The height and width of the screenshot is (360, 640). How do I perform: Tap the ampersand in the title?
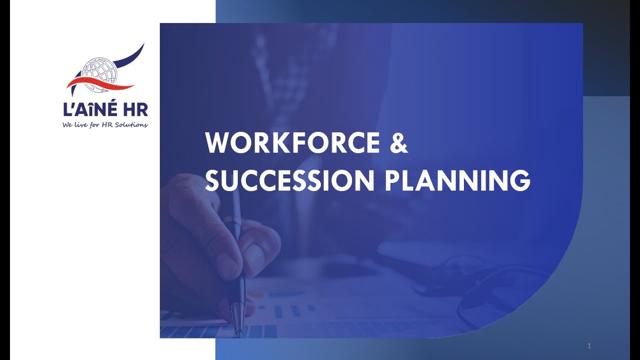click(x=398, y=143)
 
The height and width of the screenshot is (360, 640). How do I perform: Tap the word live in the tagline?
click(x=81, y=124)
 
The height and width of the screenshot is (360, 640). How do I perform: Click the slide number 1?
click(x=589, y=345)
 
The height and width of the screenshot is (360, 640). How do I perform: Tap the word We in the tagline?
click(x=68, y=124)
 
